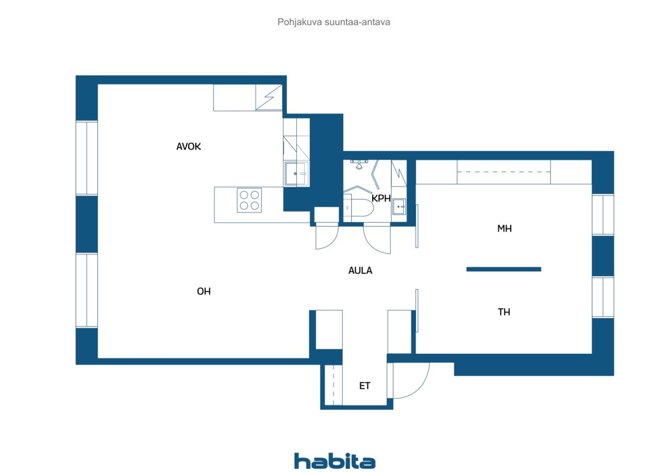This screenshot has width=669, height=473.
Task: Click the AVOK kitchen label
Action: [189, 147]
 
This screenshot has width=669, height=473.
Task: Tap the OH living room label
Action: [204, 292]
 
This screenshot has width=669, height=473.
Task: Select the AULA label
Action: [360, 271]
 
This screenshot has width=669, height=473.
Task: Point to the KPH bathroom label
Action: [381, 198]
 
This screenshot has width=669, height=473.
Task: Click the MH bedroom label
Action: [504, 229]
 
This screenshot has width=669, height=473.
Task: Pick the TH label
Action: [504, 312]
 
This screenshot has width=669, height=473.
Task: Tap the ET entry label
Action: [365, 386]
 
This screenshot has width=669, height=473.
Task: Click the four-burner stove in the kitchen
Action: [249, 200]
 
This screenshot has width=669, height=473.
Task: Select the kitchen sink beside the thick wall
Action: [296, 174]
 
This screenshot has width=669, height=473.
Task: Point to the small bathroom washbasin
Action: [399, 206]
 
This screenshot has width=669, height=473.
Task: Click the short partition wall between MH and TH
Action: [503, 269]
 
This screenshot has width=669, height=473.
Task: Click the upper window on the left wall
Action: [87, 158]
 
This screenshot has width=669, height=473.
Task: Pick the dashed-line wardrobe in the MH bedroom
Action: [503, 172]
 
